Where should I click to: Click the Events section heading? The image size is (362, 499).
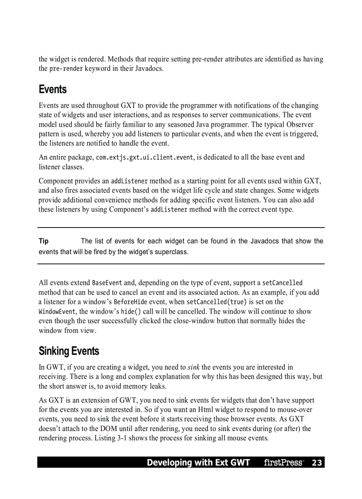[x=52, y=89]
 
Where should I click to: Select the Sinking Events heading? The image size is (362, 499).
[x=69, y=351]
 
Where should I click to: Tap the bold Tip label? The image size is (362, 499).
[x=43, y=241]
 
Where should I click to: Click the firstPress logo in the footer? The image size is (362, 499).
[x=283, y=463]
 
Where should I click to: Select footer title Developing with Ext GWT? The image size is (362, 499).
[x=198, y=463]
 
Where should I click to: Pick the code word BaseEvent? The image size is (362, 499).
[x=107, y=283]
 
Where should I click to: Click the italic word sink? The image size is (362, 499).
[x=193, y=367]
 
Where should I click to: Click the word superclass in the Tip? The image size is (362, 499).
[x=171, y=252]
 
